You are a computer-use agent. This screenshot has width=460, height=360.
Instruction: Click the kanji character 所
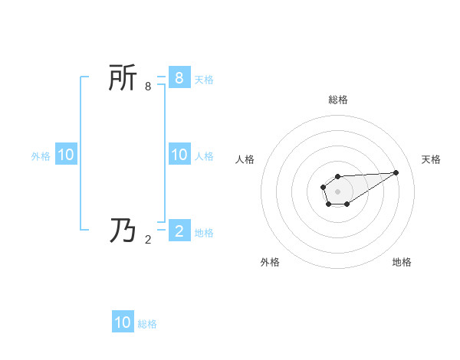123,78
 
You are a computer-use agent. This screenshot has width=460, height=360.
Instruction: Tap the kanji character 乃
123,230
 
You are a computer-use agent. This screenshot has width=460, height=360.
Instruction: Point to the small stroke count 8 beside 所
148,87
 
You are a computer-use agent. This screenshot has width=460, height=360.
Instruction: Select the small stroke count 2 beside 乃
148,239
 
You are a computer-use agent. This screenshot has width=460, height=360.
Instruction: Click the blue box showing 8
179,77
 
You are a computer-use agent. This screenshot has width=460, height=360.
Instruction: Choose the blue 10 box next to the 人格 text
179,155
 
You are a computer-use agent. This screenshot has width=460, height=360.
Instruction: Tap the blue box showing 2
179,231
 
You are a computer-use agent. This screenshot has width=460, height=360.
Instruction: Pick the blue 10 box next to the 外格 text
65,155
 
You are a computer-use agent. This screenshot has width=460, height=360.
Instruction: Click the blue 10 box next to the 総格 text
123,322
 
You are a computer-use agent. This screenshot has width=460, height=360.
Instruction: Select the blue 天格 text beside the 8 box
204,79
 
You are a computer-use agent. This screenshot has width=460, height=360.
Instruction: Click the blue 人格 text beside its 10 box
204,156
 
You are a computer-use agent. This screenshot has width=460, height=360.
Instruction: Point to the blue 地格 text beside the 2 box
204,232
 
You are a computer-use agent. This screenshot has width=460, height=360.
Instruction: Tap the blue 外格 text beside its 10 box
41,156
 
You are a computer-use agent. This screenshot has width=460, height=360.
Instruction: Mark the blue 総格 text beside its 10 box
147,324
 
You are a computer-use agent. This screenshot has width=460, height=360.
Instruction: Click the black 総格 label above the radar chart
338,100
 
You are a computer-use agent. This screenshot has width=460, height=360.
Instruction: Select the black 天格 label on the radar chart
431,159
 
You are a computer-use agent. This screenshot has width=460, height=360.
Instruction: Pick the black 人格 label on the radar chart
245,159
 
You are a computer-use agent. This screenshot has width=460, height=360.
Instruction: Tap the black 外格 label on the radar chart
270,262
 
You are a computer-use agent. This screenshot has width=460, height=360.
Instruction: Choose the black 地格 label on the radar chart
402,262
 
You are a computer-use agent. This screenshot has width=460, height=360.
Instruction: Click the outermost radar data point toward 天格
396,172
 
